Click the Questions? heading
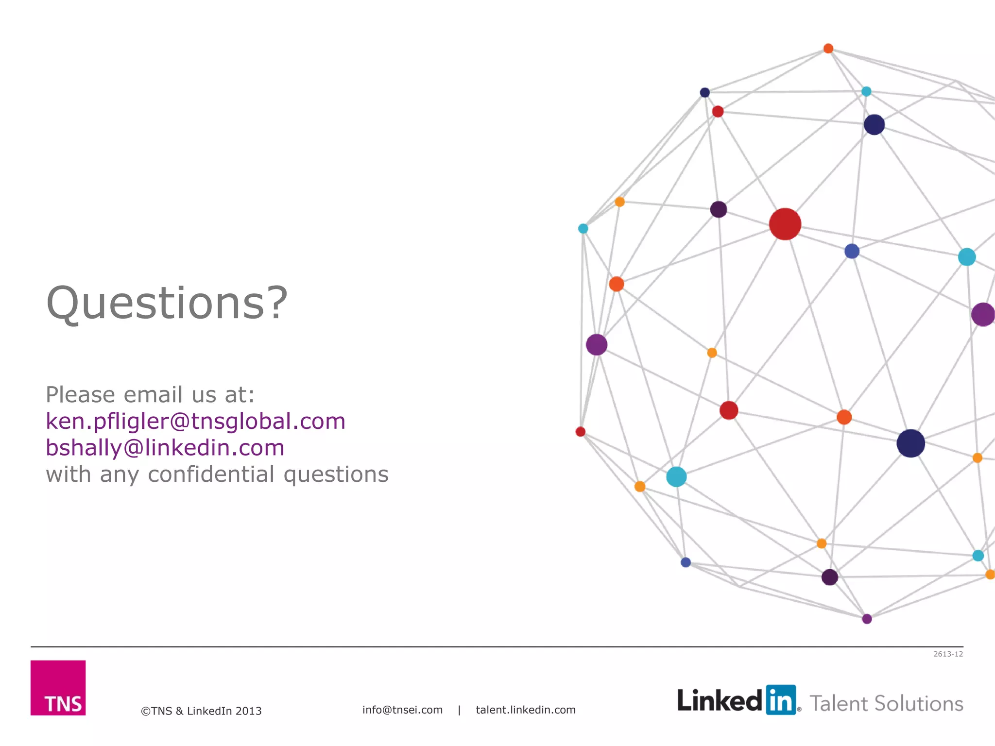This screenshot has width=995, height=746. [167, 303]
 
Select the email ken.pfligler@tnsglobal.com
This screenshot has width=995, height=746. [195, 421]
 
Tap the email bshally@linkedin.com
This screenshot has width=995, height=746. [165, 448]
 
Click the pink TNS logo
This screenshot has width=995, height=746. [58, 687]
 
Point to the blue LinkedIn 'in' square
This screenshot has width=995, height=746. [781, 700]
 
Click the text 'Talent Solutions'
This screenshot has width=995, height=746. [886, 704]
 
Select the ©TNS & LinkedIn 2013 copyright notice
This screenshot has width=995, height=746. [201, 711]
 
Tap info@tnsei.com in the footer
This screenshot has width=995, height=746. [402, 710]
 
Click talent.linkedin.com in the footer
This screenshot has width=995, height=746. [526, 710]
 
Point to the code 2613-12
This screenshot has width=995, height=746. [948, 654]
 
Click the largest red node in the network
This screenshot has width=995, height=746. [785, 224]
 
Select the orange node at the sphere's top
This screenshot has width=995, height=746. [828, 49]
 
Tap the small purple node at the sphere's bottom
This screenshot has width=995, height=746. [867, 619]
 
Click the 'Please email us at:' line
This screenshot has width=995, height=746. [150, 394]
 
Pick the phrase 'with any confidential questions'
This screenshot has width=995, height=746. [217, 475]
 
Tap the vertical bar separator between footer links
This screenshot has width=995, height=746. [459, 710]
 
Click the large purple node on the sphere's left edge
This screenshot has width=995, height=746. [597, 345]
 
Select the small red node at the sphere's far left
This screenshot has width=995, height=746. [580, 432]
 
